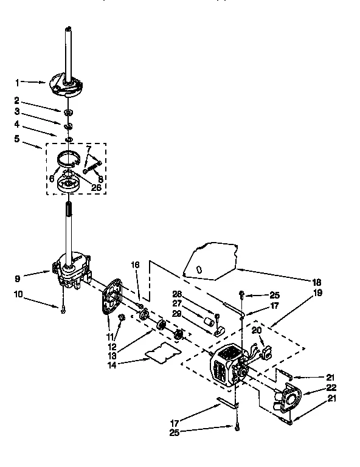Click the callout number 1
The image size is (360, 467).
(17, 82)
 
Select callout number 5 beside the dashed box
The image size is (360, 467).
(17, 139)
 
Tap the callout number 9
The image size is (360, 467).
(17, 280)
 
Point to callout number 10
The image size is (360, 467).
(17, 294)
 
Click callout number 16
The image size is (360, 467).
(136, 265)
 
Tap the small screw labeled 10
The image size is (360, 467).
(62, 310)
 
